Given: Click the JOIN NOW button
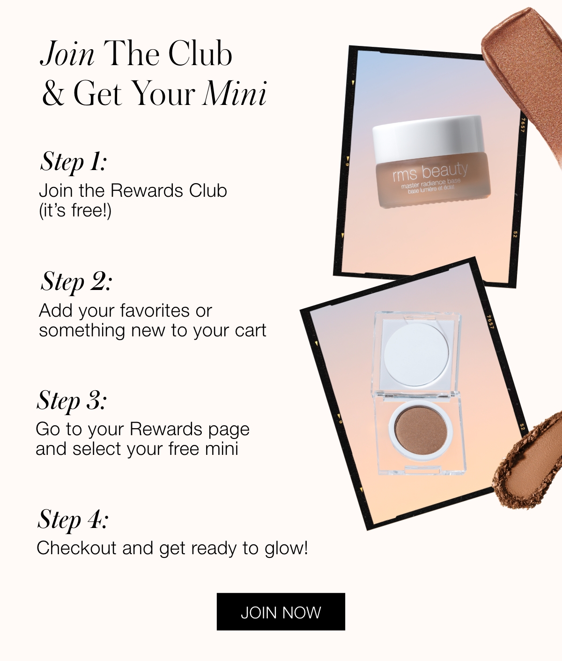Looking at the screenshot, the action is click(x=281, y=612).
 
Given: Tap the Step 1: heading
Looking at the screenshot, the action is click(x=73, y=162).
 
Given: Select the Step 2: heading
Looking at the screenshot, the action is click(x=76, y=282).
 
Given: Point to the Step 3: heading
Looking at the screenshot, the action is click(x=72, y=401).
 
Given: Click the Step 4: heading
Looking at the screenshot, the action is click(x=73, y=520).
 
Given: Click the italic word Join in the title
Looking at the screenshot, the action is click(x=67, y=54).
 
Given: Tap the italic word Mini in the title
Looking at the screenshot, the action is click(x=235, y=93).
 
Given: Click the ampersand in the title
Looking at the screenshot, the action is click(x=53, y=93).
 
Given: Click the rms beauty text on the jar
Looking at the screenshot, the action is click(x=430, y=172).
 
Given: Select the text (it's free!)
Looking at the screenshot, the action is click(x=75, y=211).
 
